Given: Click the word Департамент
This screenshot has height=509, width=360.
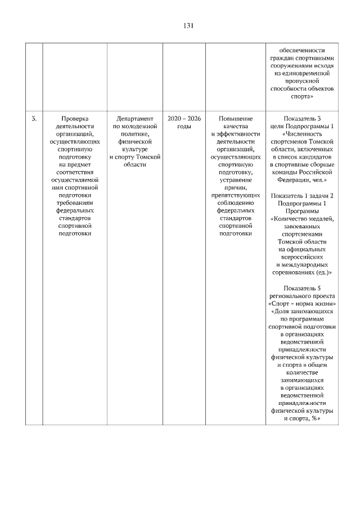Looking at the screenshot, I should (135, 119).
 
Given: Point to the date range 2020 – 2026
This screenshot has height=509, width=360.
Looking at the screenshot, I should (184, 119).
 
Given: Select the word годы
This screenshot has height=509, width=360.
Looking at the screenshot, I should (184, 127).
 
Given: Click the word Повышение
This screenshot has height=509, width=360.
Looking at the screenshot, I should (236, 119).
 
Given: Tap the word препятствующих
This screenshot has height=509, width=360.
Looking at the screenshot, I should (236, 195).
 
